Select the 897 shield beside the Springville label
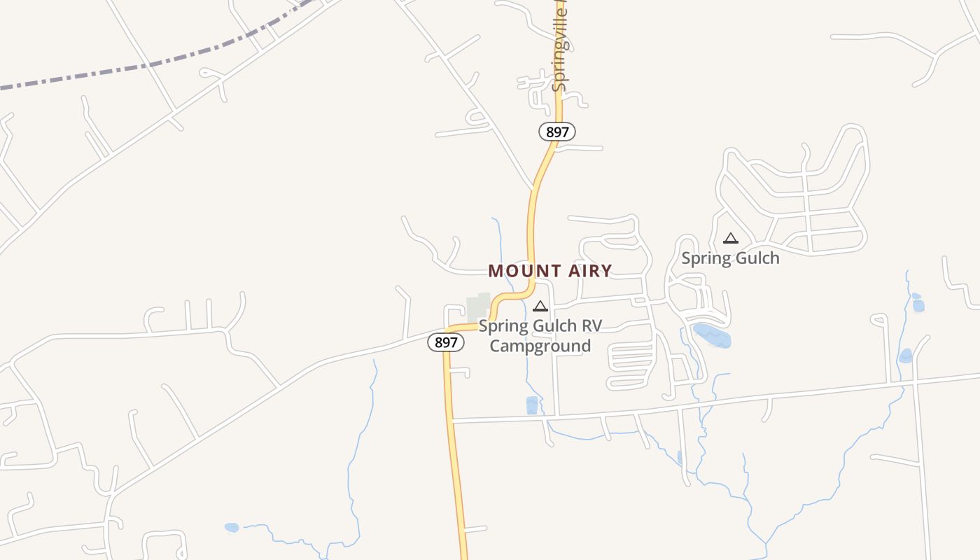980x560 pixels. pos(556,131)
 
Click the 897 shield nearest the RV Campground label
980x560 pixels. pos(446,342)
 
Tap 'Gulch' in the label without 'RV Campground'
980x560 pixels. pos(755,258)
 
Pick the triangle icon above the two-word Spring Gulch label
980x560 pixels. pos(731,238)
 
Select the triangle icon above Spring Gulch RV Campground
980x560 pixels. pos(540,306)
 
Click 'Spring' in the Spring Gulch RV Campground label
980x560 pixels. pos(501,326)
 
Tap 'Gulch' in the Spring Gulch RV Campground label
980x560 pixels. pos(552,326)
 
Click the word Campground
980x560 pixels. pos(540,346)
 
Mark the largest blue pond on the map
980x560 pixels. pos(712,335)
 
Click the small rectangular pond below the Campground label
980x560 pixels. pos(532,405)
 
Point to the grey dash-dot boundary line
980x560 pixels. pos(140,67)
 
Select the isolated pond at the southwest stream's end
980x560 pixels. pos(232,527)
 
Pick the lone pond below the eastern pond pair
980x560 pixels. pos(906,356)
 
